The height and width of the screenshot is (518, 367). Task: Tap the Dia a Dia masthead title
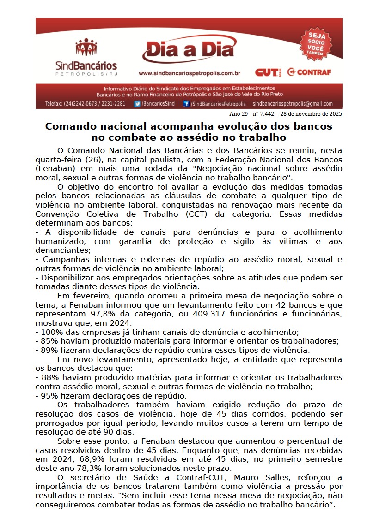click(x=189, y=51)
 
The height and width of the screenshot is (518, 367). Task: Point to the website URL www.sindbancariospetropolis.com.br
click(x=189, y=73)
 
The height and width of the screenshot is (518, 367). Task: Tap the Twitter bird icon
click(x=137, y=104)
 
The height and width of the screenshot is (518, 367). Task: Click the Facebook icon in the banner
click(x=186, y=104)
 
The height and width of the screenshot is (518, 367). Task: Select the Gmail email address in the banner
click(x=293, y=104)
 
